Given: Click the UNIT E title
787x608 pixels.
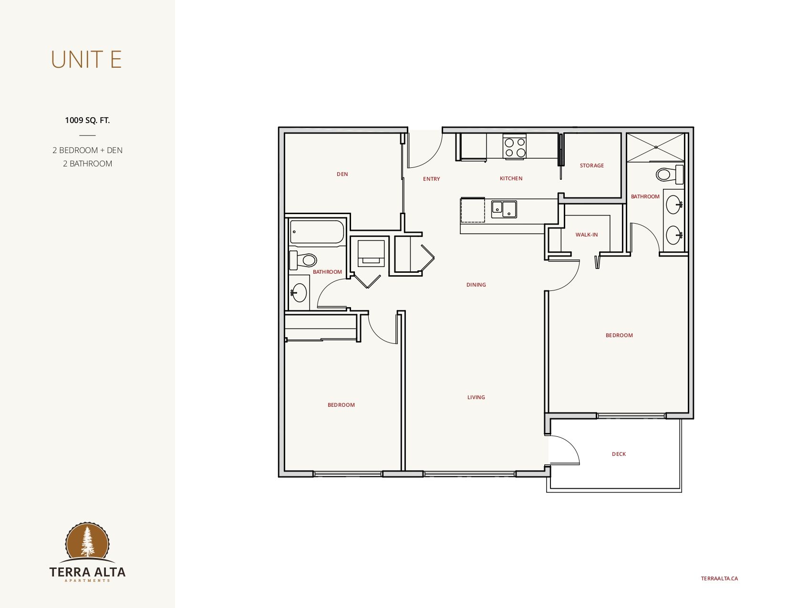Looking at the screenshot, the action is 86,60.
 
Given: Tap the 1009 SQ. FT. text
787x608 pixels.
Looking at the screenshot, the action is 87,120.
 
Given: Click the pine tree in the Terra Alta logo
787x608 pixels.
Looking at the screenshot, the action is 87,541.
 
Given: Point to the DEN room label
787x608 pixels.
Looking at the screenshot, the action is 342,174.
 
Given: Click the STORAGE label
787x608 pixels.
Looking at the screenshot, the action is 592,165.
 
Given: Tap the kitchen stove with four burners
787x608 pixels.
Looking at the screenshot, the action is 514,146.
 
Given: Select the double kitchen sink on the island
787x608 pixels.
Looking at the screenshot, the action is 504,209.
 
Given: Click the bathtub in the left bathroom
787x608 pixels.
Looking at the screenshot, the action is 317,232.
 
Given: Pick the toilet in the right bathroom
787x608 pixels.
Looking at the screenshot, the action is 669,174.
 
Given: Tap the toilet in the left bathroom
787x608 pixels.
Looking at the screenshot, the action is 303,260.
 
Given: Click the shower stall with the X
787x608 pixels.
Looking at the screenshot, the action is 655,147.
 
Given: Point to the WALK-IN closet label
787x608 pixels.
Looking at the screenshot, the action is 586,235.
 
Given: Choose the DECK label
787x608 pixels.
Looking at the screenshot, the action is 619,454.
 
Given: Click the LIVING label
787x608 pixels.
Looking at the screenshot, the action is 476,397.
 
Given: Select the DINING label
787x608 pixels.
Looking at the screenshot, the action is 476,285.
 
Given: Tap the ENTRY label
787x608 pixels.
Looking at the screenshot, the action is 431,179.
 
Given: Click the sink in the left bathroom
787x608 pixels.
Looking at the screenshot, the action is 299,292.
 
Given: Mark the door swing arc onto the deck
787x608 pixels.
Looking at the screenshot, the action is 571,444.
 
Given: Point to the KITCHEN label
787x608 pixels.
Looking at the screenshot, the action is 511,178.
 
